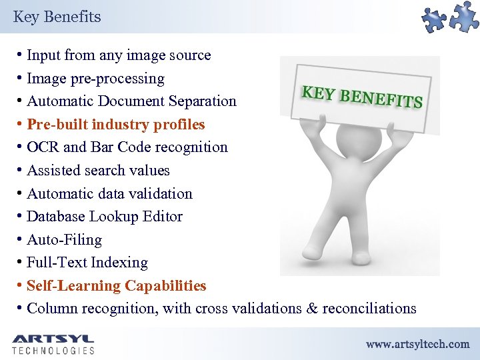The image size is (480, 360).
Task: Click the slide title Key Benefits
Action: point(57,17)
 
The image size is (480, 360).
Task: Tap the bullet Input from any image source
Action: point(119,55)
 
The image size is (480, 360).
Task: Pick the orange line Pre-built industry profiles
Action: point(116,125)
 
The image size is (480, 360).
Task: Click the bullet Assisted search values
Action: point(98,171)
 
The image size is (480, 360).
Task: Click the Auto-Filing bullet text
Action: point(64,240)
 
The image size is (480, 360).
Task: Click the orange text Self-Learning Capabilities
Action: point(117,286)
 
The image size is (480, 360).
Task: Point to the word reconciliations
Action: point(369,309)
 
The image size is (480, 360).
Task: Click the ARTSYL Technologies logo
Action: point(53,343)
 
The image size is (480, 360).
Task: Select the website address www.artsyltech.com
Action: point(417,345)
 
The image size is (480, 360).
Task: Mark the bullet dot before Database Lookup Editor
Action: point(21,217)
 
